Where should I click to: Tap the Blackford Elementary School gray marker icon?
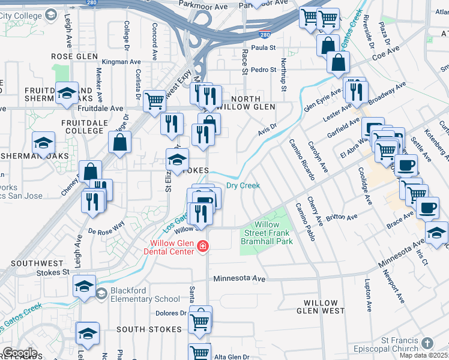click(101, 293)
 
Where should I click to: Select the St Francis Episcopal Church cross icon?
click(427, 343)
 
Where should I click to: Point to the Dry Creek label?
click(243, 185)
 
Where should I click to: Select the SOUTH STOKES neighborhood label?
click(149, 329)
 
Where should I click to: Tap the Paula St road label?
click(263, 47)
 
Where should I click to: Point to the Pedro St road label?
click(263, 70)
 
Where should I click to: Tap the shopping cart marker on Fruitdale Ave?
click(155, 101)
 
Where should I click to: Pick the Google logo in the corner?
click(20, 353)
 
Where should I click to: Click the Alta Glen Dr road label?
click(232, 357)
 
